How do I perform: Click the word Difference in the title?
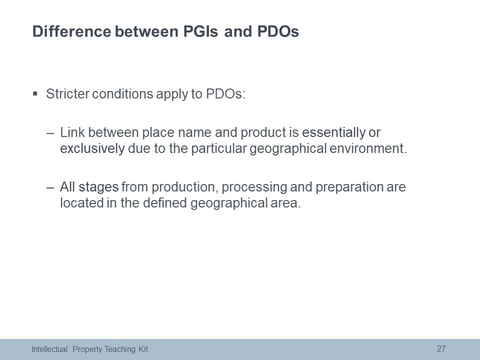[71, 31]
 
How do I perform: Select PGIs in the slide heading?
[200, 31]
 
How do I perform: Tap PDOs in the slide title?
[278, 31]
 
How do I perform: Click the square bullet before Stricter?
[35, 93]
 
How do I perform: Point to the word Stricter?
[67, 93]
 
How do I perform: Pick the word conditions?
[122, 93]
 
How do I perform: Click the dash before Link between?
[50, 133]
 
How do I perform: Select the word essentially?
[333, 132]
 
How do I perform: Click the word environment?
[368, 148]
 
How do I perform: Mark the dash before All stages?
[50, 187]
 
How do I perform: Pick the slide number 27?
[441, 348]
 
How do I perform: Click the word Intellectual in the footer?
[49, 349]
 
